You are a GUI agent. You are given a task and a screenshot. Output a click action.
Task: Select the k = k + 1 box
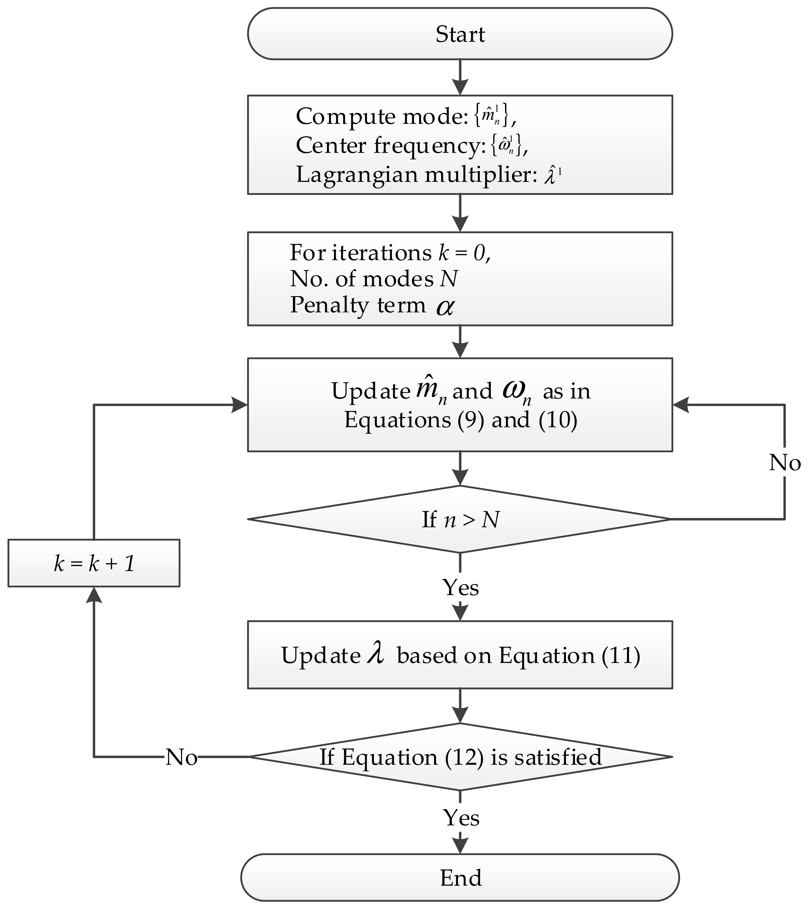(94, 563)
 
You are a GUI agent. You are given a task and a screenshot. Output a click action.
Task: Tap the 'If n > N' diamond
(460, 519)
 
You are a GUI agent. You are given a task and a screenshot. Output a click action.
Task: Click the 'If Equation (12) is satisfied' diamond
(460, 757)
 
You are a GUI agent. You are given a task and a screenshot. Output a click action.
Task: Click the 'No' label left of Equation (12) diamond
(181, 757)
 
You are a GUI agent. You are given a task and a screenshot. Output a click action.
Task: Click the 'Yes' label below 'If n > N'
(460, 588)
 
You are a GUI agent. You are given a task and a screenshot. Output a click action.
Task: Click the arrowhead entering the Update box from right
(681, 405)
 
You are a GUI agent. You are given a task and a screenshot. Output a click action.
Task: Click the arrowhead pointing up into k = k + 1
(94, 594)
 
